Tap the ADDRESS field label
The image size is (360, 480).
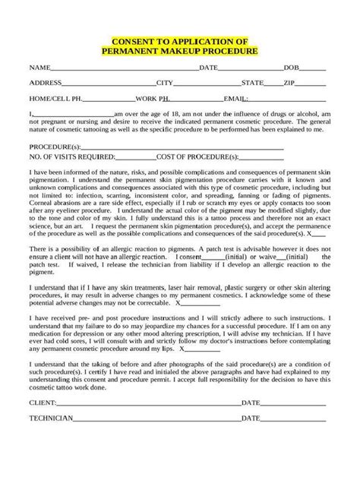[45, 82]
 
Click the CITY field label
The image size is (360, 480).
[165, 82]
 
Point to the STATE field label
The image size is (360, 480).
[252, 82]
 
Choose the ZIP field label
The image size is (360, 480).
[289, 82]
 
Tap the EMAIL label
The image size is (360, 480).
[236, 99]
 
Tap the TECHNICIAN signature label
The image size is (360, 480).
[52, 418]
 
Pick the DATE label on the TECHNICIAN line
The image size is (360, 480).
[251, 418]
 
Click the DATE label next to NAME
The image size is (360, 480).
[207, 68]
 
